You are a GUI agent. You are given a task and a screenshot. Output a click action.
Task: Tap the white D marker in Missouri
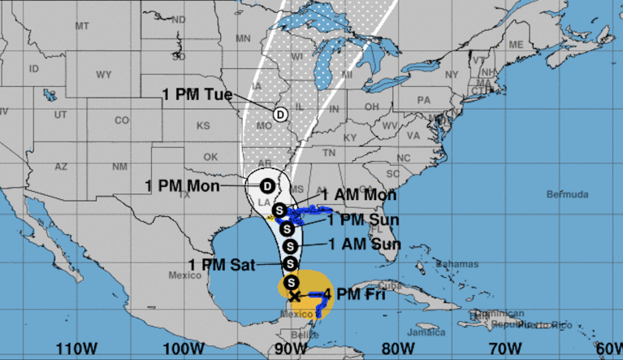(x=281, y=114)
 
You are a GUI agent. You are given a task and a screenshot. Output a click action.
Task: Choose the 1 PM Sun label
(x=363, y=219)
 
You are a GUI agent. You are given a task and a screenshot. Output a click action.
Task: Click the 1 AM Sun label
(x=364, y=243)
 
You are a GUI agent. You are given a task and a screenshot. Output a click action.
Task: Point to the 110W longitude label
(x=71, y=348)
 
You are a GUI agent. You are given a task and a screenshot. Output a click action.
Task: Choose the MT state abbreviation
(x=81, y=26)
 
